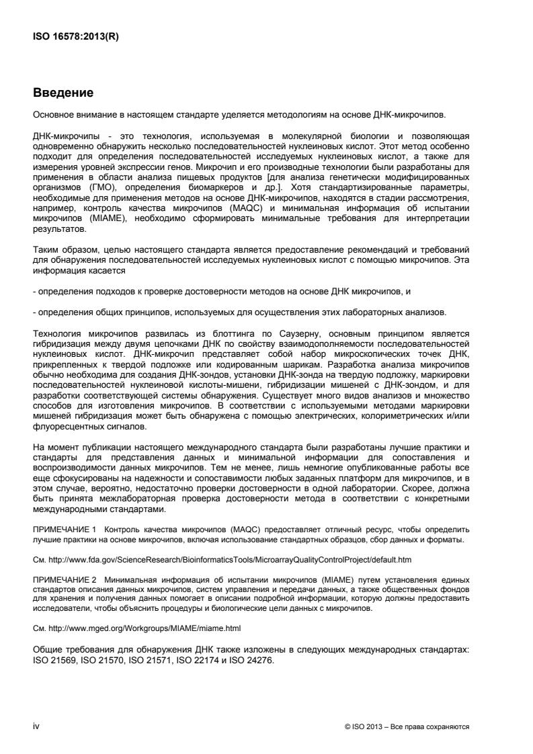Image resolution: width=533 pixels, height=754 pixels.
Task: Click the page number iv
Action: [37, 726]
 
